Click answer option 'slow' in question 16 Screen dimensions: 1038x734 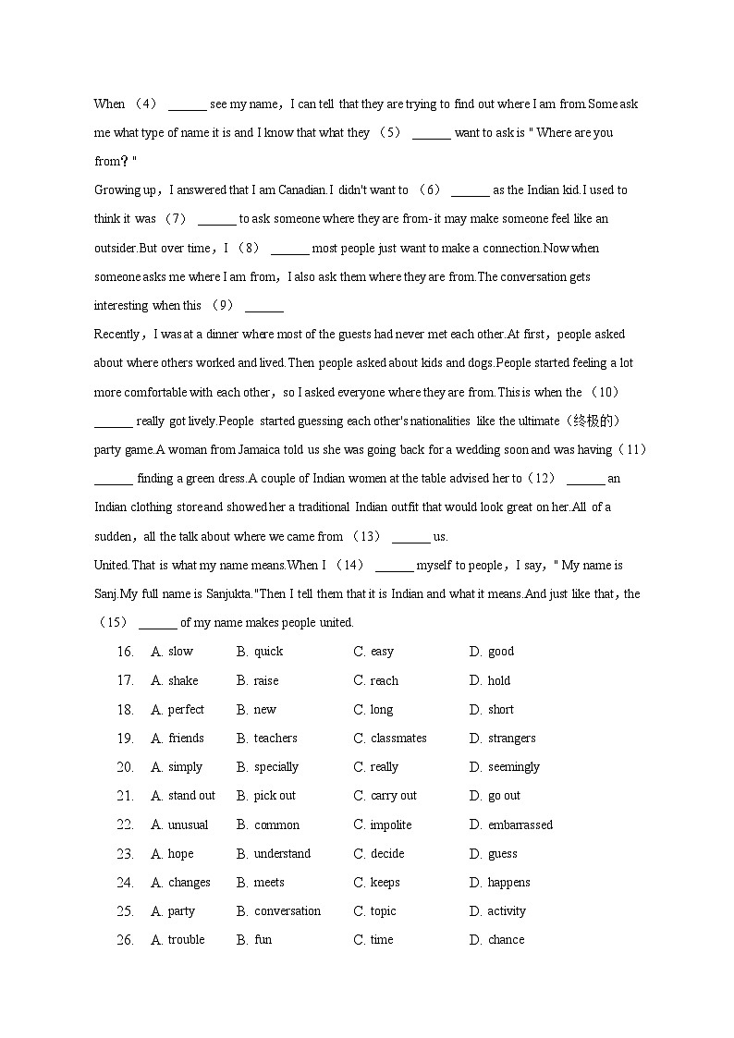point(180,652)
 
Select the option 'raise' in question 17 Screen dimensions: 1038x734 point(265,680)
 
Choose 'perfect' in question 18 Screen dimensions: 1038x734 point(186,710)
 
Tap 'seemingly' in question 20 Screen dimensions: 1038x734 point(513,767)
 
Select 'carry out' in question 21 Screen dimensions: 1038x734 point(393,796)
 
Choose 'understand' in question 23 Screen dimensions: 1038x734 point(282,853)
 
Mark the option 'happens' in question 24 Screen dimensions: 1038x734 point(508,883)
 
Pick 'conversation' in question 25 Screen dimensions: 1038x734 point(287,911)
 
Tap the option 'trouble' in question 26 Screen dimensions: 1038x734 point(186,940)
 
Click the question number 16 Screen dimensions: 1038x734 point(126,652)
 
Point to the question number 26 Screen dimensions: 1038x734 point(126,940)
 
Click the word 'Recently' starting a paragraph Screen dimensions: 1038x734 point(116,335)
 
